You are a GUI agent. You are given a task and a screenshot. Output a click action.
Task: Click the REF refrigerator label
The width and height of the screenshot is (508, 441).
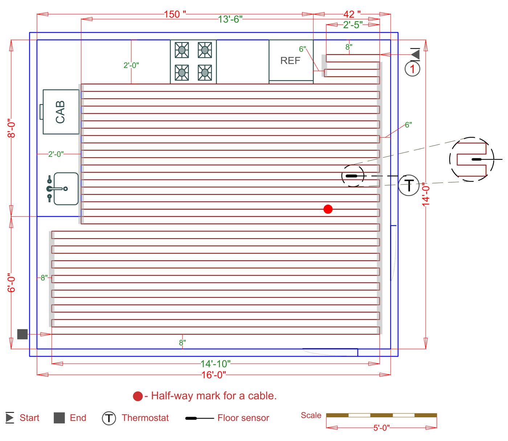[290, 61]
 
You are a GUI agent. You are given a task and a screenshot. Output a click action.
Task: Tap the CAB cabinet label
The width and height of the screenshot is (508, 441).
[60, 112]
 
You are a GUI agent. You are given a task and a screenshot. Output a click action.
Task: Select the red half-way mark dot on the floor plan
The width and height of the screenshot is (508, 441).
[328, 209]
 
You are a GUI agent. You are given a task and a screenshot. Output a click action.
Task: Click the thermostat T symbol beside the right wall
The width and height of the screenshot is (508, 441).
[409, 185]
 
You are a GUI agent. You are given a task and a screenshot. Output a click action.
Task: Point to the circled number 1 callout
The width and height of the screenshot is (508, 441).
[412, 69]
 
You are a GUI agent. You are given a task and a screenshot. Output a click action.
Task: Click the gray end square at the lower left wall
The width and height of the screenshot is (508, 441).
[22, 334]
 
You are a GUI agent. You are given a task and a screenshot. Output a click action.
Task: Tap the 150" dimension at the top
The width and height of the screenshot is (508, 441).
[175, 14]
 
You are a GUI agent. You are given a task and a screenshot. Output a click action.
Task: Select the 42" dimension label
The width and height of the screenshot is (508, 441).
[352, 14]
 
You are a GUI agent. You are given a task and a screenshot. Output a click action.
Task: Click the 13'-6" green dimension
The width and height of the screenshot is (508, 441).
[230, 19]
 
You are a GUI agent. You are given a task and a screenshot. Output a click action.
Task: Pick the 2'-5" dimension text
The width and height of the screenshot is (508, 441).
[353, 25]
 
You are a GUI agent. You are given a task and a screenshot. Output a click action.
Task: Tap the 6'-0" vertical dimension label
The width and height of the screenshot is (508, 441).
[12, 283]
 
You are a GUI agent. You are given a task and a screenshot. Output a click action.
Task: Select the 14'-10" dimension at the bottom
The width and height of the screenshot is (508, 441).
[216, 363]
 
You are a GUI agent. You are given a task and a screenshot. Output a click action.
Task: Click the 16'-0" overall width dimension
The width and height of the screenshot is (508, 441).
[214, 375]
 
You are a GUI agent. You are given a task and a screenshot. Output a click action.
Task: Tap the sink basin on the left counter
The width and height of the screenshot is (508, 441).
[66, 189]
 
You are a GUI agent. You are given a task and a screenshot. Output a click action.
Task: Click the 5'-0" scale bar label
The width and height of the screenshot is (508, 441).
[381, 428]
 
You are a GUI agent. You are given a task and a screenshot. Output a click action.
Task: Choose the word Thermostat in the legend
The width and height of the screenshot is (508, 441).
[145, 418]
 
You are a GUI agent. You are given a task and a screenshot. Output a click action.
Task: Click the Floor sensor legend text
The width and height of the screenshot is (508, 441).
[243, 418]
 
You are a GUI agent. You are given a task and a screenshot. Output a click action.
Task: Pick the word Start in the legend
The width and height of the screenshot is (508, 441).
[29, 418]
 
